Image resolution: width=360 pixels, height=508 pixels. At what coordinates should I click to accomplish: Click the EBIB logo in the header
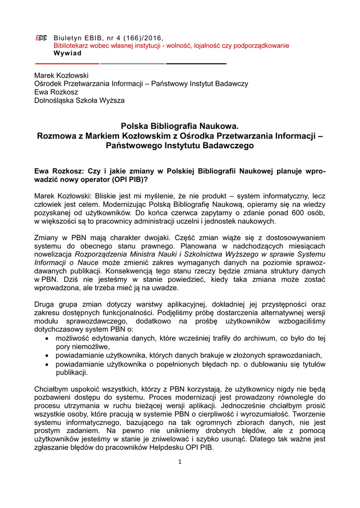click(41, 38)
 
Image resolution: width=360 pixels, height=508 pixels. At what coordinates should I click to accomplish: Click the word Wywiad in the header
click(68, 53)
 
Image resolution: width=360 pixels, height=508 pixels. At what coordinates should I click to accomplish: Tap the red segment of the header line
click(67, 64)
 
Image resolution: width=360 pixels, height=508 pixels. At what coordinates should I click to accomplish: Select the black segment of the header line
click(196, 64)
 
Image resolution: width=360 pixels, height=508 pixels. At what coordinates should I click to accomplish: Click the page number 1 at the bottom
click(180, 462)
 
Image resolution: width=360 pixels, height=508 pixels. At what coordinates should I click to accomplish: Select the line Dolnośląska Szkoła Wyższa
click(79, 101)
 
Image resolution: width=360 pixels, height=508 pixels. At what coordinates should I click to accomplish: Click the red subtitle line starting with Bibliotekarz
click(171, 46)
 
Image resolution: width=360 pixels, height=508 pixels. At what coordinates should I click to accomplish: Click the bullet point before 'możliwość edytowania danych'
click(46, 338)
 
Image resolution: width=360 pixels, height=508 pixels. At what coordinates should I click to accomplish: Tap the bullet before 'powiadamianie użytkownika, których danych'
click(46, 355)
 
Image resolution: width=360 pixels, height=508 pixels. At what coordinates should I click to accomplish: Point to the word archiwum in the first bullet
click(264, 338)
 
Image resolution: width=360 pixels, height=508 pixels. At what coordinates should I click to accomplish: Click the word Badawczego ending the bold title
click(227, 146)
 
